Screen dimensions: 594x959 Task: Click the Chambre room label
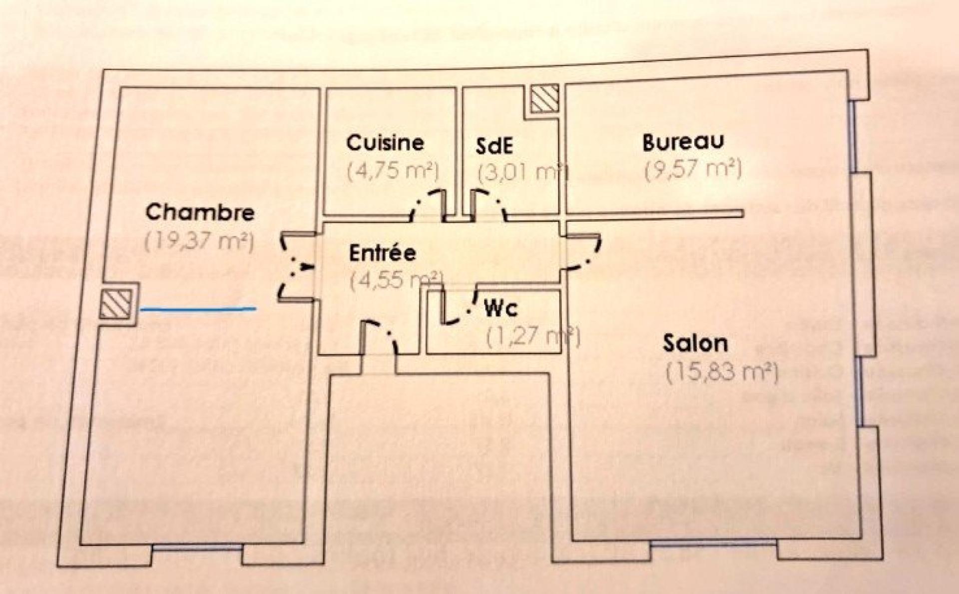pyautogui.click(x=200, y=212)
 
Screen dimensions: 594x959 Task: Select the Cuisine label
pyautogui.click(x=385, y=143)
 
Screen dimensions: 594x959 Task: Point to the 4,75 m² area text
pyautogui.click(x=393, y=171)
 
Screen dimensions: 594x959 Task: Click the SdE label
pyautogui.click(x=494, y=145)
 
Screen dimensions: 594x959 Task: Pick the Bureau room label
pyautogui.click(x=682, y=142)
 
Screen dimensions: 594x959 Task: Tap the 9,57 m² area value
pyautogui.click(x=693, y=170)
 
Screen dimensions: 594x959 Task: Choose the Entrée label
pyautogui.click(x=382, y=253)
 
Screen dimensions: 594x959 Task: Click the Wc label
pyautogui.click(x=501, y=310)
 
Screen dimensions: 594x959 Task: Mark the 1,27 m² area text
pyautogui.click(x=532, y=336)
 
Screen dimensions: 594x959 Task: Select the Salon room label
pyautogui.click(x=695, y=344)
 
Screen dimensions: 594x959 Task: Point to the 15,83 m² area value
pyautogui.click(x=722, y=372)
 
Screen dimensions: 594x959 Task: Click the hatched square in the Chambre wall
pyautogui.click(x=116, y=304)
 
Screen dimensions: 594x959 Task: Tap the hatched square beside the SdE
pyautogui.click(x=544, y=98)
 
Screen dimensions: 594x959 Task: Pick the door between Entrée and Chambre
pyautogui.click(x=295, y=267)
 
